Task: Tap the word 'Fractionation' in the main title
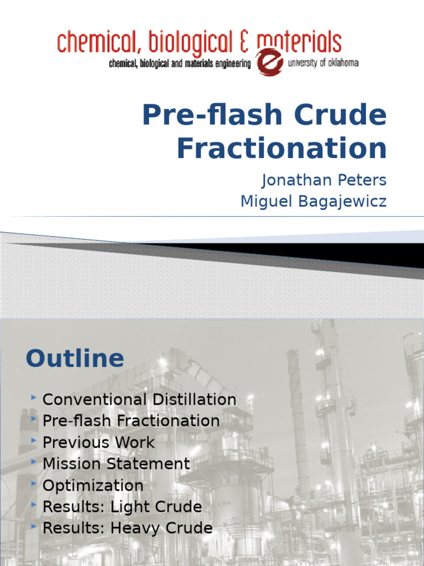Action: click(x=281, y=148)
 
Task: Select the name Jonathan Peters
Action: click(x=324, y=181)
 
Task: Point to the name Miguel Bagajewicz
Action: click(x=313, y=202)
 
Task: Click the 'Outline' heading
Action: click(x=75, y=359)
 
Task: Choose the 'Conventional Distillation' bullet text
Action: click(x=139, y=399)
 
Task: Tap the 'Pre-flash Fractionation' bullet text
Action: click(x=131, y=421)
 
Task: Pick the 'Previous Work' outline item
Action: click(x=98, y=442)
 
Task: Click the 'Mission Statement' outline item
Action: click(x=116, y=464)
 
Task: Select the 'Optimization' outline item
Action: click(x=93, y=485)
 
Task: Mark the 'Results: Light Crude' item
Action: click(x=122, y=507)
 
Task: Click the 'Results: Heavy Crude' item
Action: click(x=127, y=528)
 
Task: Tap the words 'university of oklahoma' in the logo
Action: click(x=324, y=63)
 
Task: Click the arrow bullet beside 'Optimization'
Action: click(x=35, y=485)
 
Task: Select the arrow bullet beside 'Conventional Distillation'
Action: click(x=35, y=399)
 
